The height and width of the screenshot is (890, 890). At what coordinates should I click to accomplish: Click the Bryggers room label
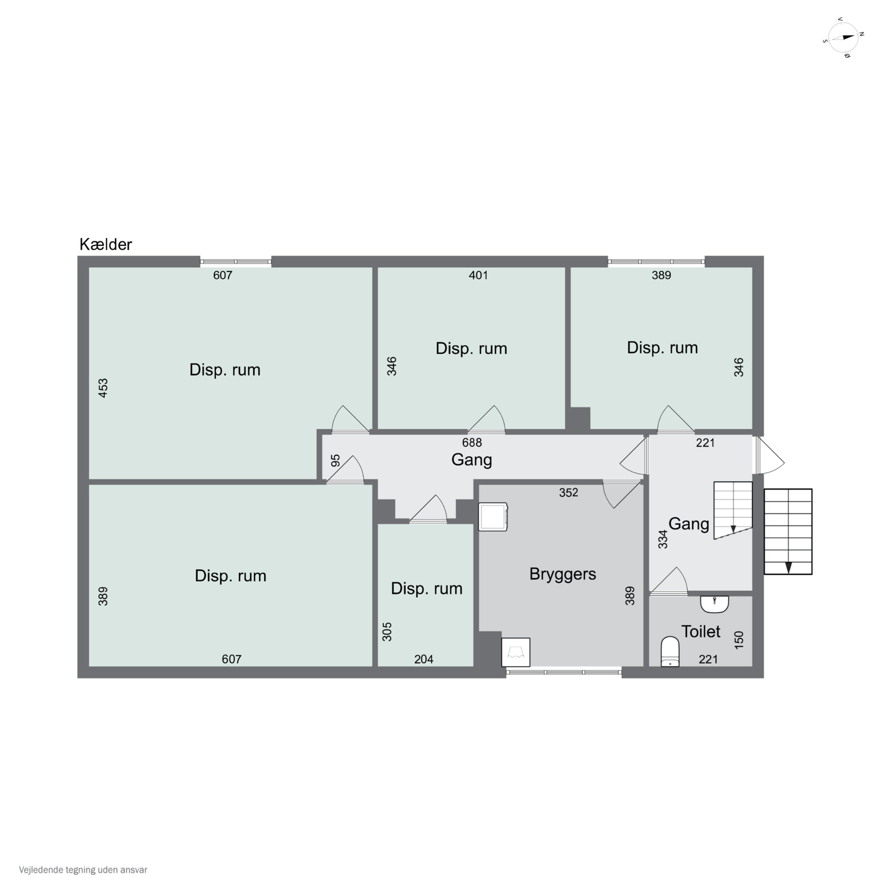562,574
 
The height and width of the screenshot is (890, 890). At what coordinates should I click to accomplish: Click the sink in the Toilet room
714,604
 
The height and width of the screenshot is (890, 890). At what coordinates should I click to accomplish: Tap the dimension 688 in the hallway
472,443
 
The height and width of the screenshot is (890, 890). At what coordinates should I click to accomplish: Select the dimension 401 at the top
478,275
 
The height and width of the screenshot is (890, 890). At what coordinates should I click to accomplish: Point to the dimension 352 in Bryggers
568,492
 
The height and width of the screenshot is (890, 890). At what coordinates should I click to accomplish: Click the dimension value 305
387,632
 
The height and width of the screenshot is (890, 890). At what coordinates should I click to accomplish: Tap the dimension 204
424,659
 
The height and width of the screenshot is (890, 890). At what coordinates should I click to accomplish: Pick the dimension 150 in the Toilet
739,640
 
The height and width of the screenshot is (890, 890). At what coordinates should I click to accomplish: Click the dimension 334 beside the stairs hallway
662,539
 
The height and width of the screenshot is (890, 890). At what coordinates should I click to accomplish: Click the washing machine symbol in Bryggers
492,517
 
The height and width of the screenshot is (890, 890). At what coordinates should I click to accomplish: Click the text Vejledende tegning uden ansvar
83,870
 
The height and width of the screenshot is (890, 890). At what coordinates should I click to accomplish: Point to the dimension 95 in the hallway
335,461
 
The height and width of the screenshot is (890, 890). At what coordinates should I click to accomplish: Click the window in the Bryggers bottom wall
564,673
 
